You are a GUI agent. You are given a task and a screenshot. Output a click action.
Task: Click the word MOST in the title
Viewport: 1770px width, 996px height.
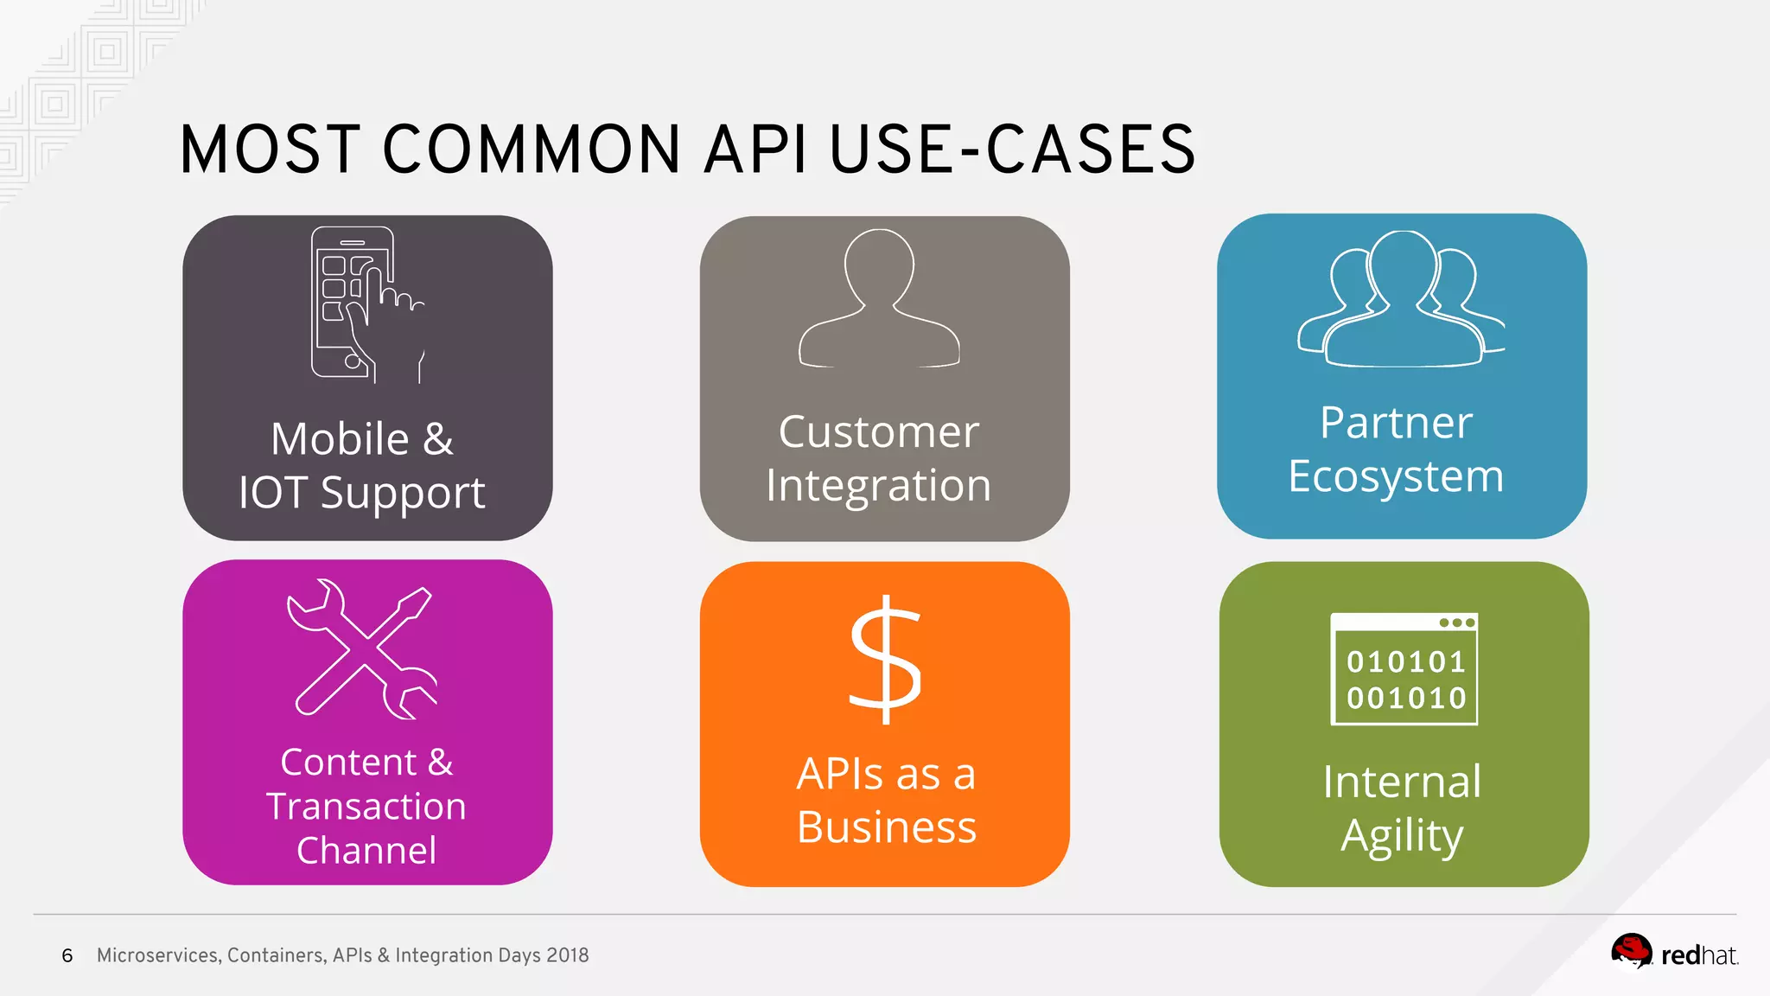click(269, 150)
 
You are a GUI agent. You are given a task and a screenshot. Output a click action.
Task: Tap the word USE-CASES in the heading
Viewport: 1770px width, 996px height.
click(1012, 150)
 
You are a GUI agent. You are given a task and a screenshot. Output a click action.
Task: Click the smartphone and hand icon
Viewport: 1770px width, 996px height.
click(366, 304)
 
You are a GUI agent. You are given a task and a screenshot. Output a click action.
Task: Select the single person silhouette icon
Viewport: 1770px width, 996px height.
click(879, 299)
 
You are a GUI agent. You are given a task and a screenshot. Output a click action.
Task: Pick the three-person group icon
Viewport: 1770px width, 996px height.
click(1401, 299)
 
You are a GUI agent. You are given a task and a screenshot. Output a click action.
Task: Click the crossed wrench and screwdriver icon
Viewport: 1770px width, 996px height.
click(364, 648)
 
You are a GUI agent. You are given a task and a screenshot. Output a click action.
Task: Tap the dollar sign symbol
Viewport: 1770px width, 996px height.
click(885, 661)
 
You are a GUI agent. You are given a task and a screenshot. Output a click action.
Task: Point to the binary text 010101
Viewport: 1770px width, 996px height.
click(1406, 662)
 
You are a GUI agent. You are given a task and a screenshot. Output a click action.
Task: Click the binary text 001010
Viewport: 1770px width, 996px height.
click(1406, 698)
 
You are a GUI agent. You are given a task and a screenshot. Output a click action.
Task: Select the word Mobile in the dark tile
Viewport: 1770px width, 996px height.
click(340, 438)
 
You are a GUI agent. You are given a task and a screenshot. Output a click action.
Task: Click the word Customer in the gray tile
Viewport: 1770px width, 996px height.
click(878, 431)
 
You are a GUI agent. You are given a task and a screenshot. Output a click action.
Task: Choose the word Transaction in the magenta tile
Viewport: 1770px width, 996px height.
click(366, 807)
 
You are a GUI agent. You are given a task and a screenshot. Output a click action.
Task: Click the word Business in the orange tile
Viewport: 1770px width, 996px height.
click(886, 827)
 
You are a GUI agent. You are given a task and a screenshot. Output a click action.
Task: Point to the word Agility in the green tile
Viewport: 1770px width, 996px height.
click(1402, 836)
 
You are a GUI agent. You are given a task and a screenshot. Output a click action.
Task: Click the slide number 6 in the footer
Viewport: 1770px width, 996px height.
click(67, 955)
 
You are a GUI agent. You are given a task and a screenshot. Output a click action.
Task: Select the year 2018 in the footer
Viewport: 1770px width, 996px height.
click(567, 955)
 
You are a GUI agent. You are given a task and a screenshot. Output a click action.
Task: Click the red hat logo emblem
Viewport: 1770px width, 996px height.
click(1631, 952)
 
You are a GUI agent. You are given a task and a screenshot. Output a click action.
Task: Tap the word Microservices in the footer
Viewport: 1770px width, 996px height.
click(158, 955)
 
